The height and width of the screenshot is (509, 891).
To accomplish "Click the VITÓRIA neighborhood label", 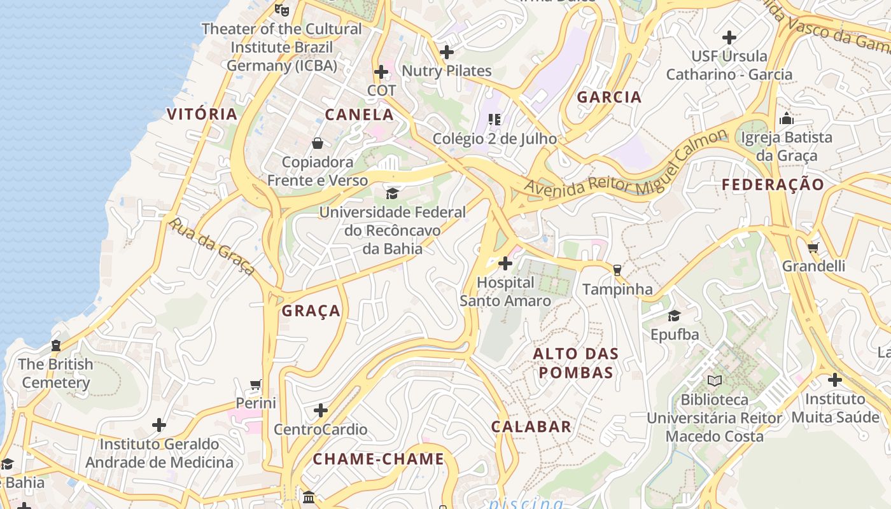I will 202,114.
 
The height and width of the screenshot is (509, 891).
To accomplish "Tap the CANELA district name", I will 359,115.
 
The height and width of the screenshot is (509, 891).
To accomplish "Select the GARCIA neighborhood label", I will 609,97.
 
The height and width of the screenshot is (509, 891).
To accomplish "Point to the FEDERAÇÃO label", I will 773,185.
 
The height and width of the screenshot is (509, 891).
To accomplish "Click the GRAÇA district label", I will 311,311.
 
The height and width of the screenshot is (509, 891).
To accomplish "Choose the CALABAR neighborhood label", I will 531,427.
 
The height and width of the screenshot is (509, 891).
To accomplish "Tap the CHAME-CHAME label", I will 378,459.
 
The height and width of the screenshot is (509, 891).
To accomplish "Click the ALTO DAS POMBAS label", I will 576,363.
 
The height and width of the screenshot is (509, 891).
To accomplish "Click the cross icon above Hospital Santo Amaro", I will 505,263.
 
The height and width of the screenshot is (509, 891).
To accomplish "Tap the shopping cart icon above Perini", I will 256,384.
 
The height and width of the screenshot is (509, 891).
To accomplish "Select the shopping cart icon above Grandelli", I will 813,248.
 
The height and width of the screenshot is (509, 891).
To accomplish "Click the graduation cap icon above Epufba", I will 674,316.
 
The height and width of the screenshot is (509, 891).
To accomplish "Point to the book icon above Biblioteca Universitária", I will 715,380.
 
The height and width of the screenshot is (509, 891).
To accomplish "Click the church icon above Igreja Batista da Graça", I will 787,118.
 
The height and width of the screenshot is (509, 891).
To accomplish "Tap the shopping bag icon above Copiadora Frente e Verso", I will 317,143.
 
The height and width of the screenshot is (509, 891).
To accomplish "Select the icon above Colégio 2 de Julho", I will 495,119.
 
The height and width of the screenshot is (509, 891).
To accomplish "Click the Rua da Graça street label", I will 212,246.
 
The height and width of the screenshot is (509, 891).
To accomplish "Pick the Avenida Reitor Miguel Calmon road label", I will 626,165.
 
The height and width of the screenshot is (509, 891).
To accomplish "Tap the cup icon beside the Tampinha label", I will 616,270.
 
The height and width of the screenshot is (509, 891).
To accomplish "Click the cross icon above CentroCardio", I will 321,410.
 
